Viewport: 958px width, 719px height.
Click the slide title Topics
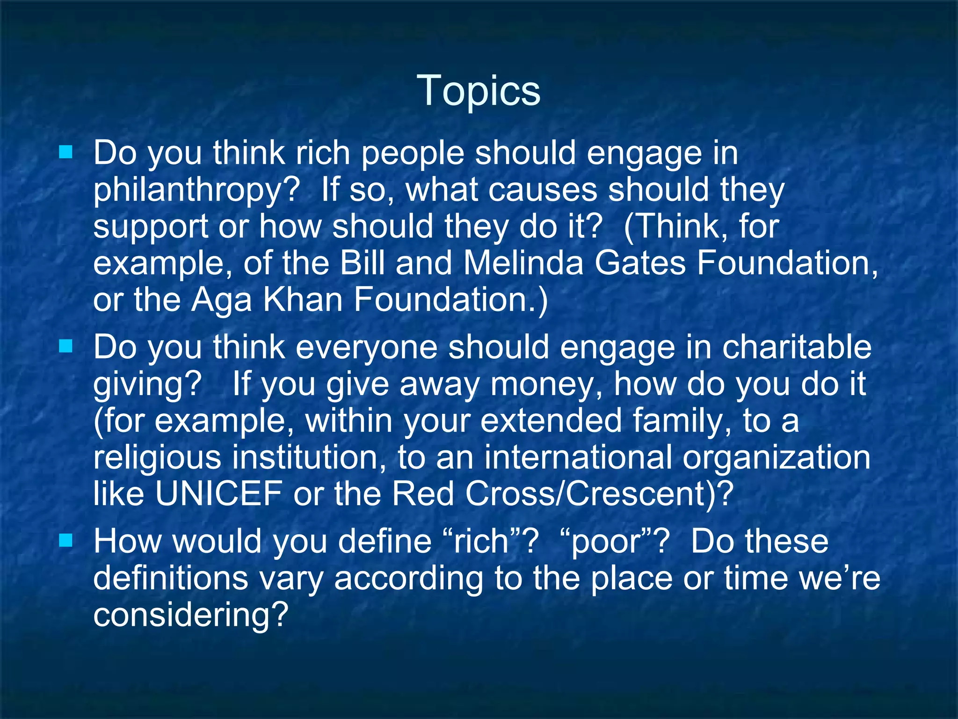tap(479, 90)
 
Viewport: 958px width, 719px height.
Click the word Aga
tap(222, 301)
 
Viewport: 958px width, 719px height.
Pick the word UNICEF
tap(218, 493)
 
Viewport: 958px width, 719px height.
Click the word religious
tap(157, 458)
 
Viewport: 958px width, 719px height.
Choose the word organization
tap(777, 458)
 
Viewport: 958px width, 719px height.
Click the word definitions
tap(171, 578)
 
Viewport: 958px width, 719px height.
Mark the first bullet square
tap(66, 152)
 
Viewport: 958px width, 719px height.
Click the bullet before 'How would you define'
tap(66, 541)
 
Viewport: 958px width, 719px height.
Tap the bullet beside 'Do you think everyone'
tap(66, 346)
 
